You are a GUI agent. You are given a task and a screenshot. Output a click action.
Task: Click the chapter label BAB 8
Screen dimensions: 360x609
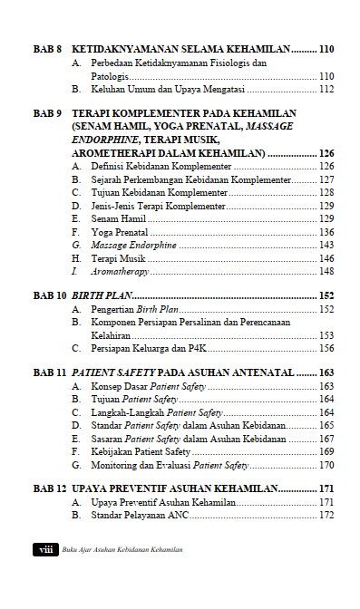(47, 49)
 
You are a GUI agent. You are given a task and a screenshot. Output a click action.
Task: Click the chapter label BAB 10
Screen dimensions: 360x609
(50, 295)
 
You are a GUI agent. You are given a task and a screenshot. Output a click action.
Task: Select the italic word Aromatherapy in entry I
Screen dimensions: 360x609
(120, 271)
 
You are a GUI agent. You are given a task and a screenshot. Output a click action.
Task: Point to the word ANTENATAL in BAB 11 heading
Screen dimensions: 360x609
(263, 372)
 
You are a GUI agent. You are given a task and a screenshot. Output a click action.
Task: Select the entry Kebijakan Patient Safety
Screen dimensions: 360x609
(141, 451)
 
